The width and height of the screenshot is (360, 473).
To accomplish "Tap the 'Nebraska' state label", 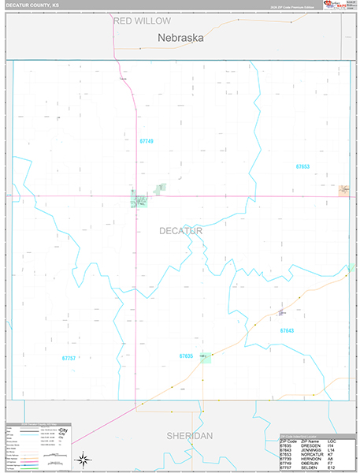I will pos(180,37).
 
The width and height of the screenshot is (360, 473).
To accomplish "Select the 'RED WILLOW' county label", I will pos(142,21).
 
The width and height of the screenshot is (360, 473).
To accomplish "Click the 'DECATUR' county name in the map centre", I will pos(180,230).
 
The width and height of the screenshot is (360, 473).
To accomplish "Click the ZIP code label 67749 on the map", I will pos(147,141).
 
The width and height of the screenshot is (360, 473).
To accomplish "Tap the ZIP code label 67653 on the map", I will pos(303,166).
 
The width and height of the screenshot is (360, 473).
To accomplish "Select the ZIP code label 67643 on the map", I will pos(287,330).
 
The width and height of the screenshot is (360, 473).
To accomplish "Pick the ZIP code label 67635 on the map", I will pos(186,356).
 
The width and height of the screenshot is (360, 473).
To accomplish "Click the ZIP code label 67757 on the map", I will pos(69,358).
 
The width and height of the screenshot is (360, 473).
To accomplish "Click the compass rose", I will pos(82,458).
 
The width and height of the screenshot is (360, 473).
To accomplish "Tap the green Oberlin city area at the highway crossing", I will pos(139,202).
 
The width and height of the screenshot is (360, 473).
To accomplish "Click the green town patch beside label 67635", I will pos(206,357).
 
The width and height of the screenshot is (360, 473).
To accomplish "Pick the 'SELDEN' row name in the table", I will pos(310,467).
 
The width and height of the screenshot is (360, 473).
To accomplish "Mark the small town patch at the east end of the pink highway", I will pos(343,190).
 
